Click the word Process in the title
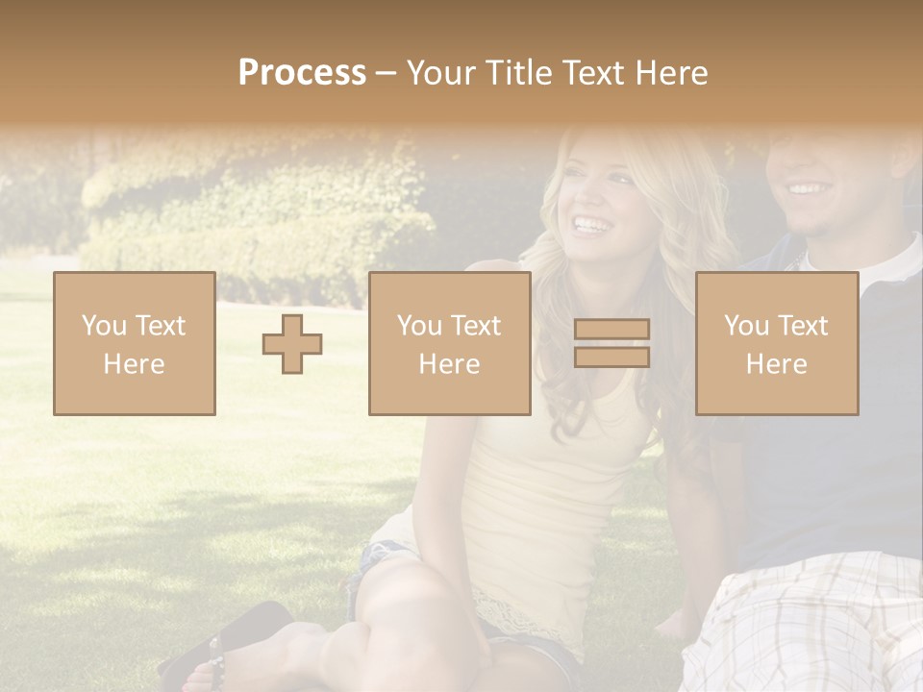pyautogui.click(x=302, y=73)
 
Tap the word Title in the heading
pyautogui.click(x=519, y=73)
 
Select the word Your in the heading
pyautogui.click(x=443, y=73)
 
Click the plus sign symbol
pyautogui.click(x=292, y=343)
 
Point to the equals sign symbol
pyautogui.click(x=611, y=343)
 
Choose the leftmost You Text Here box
pyautogui.click(x=135, y=343)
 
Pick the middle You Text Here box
pyautogui.click(x=450, y=343)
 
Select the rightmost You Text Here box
pyautogui.click(x=777, y=343)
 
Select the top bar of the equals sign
pyautogui.click(x=611, y=329)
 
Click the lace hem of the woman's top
pyautogui.click(x=519, y=615)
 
